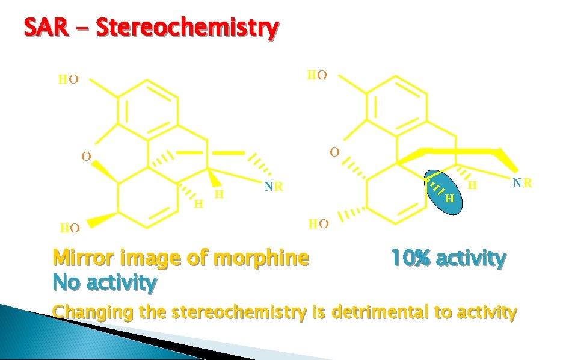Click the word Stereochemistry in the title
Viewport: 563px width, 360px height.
coord(187,28)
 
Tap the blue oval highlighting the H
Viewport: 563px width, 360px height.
coord(445,192)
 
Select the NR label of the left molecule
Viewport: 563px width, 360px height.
coord(274,187)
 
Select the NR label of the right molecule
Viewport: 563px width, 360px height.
coord(521,182)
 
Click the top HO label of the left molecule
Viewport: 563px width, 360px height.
coord(67,79)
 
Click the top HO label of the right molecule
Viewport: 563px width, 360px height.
coord(317,75)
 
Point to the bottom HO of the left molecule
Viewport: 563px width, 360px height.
coord(70,228)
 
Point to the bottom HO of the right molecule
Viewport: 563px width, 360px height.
coord(319,224)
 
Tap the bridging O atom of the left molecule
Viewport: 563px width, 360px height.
coord(87,157)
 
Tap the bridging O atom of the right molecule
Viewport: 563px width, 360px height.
coord(334,152)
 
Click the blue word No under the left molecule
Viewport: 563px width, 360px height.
coord(64,281)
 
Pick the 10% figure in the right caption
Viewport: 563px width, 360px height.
coord(411,259)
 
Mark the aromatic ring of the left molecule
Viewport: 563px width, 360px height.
coord(148,109)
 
